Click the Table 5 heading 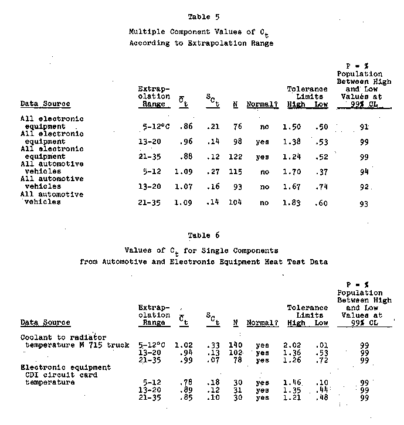(x=201, y=16)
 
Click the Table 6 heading (x=201, y=235)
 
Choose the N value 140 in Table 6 (x=236, y=346)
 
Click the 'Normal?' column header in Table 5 (x=262, y=104)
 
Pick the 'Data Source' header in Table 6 (x=45, y=322)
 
